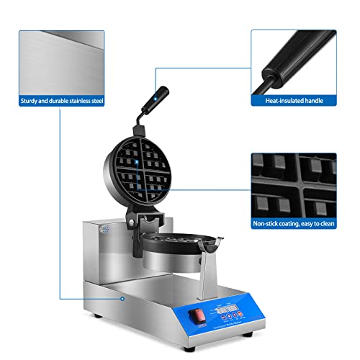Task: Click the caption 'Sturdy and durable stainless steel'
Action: [x=63, y=102]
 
